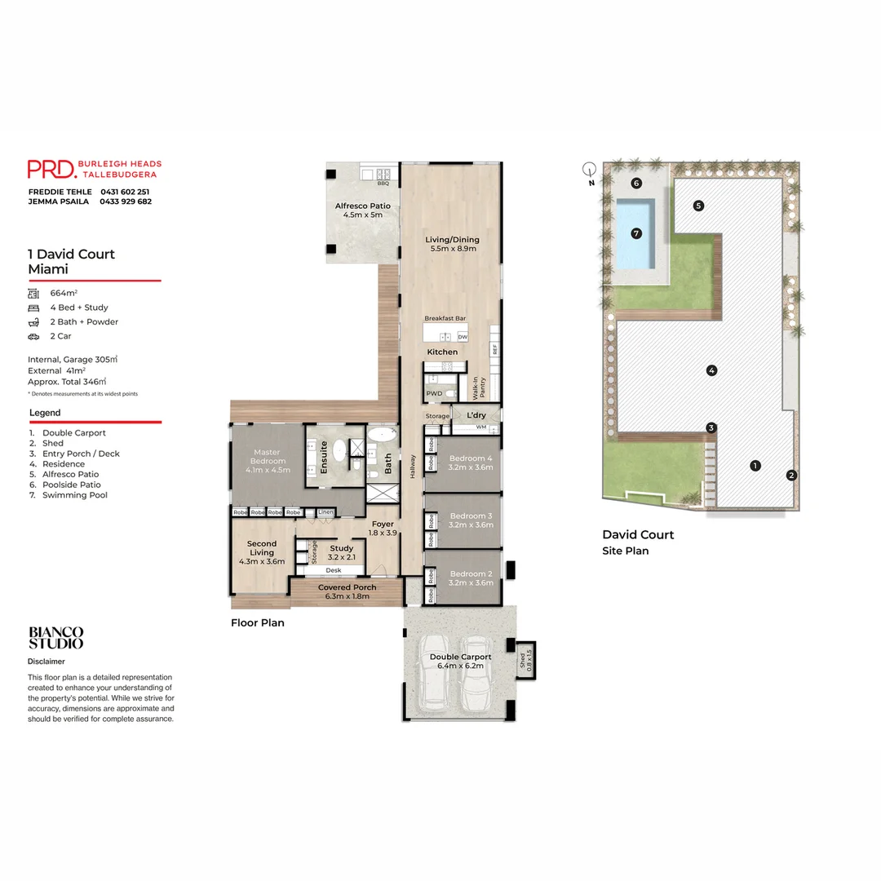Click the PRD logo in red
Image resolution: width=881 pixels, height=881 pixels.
(x=51, y=169)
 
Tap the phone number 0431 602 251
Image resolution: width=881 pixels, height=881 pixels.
(x=125, y=192)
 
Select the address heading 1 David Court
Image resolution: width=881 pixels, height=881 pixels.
(x=71, y=254)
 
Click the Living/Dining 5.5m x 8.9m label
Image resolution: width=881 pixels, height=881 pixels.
(x=452, y=244)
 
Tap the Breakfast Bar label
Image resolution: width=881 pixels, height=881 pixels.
(x=445, y=319)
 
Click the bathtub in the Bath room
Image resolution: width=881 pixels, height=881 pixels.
(x=381, y=436)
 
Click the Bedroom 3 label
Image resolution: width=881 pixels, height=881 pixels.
(x=471, y=520)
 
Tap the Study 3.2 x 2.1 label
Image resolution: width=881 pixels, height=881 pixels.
(x=341, y=552)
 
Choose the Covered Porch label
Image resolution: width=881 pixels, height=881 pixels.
(x=347, y=591)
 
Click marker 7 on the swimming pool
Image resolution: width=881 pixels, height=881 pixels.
(x=636, y=233)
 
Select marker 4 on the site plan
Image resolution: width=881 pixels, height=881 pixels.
(x=711, y=370)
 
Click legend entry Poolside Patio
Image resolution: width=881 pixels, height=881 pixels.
(x=71, y=485)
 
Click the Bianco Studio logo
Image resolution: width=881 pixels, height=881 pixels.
(x=55, y=637)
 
